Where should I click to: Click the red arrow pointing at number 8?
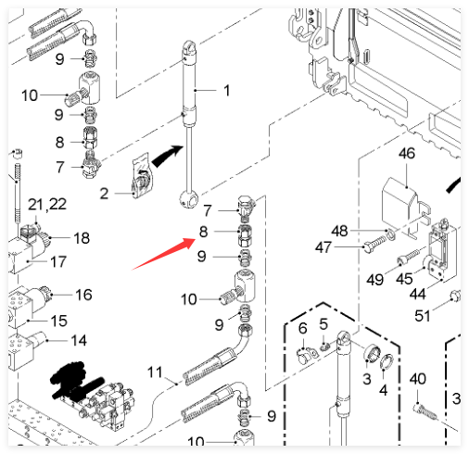pyautogui.click(x=164, y=254)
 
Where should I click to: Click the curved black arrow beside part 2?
pyautogui.click(x=167, y=156)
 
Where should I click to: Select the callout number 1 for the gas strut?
pyautogui.click(x=227, y=91)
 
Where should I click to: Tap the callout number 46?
pyautogui.click(x=407, y=154)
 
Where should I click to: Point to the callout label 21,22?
pyautogui.click(x=47, y=205)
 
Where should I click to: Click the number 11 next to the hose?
pyautogui.click(x=155, y=372)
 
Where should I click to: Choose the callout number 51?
pyautogui.click(x=422, y=316)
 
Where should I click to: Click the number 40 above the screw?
pyautogui.click(x=418, y=379)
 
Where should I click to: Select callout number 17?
pyautogui.click(x=58, y=261)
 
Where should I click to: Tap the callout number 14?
pyautogui.click(x=79, y=341)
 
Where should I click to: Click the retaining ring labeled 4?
pyautogui.click(x=387, y=362)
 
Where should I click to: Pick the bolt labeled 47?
pyautogui.click(x=374, y=244)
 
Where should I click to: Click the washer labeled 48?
pyautogui.click(x=391, y=234)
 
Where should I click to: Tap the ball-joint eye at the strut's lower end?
pyautogui.click(x=188, y=199)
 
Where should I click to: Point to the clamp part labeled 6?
pyautogui.click(x=307, y=356)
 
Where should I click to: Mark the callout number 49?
pyautogui.click(x=374, y=280)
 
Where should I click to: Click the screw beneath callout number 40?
pyautogui.click(x=425, y=412)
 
